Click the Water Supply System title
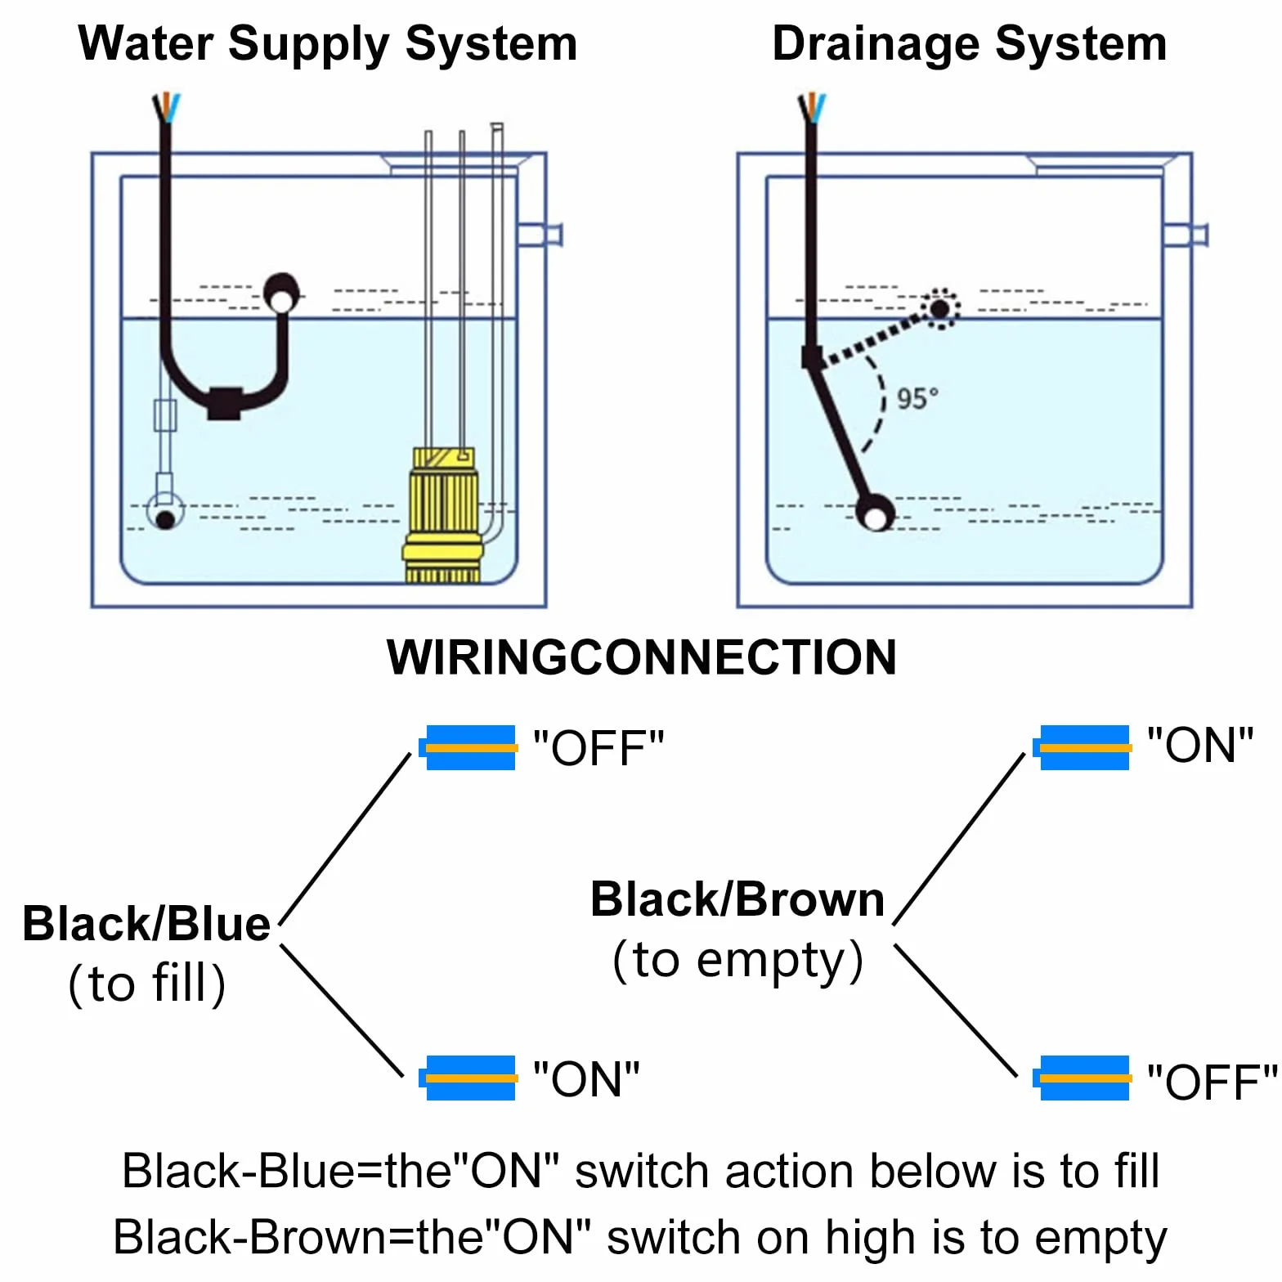pos(328,45)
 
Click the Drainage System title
pos(970,45)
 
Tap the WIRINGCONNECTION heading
pos(642,657)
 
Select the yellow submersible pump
pos(443,514)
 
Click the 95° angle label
pos(917,399)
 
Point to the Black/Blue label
pos(146,924)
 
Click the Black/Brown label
pos(737,899)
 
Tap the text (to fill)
pos(147,983)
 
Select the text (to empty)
pos(738,961)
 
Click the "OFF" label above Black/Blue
pos(598,747)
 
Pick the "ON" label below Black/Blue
pos(586,1078)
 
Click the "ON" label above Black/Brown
pos(1200,745)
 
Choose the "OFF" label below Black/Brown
pos(1212,1082)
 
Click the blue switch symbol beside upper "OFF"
pos(468,747)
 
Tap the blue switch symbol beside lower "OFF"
pos(1082,1078)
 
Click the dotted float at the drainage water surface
pos(940,308)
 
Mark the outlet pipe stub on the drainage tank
pos(1186,235)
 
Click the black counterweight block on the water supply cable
pos(224,402)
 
